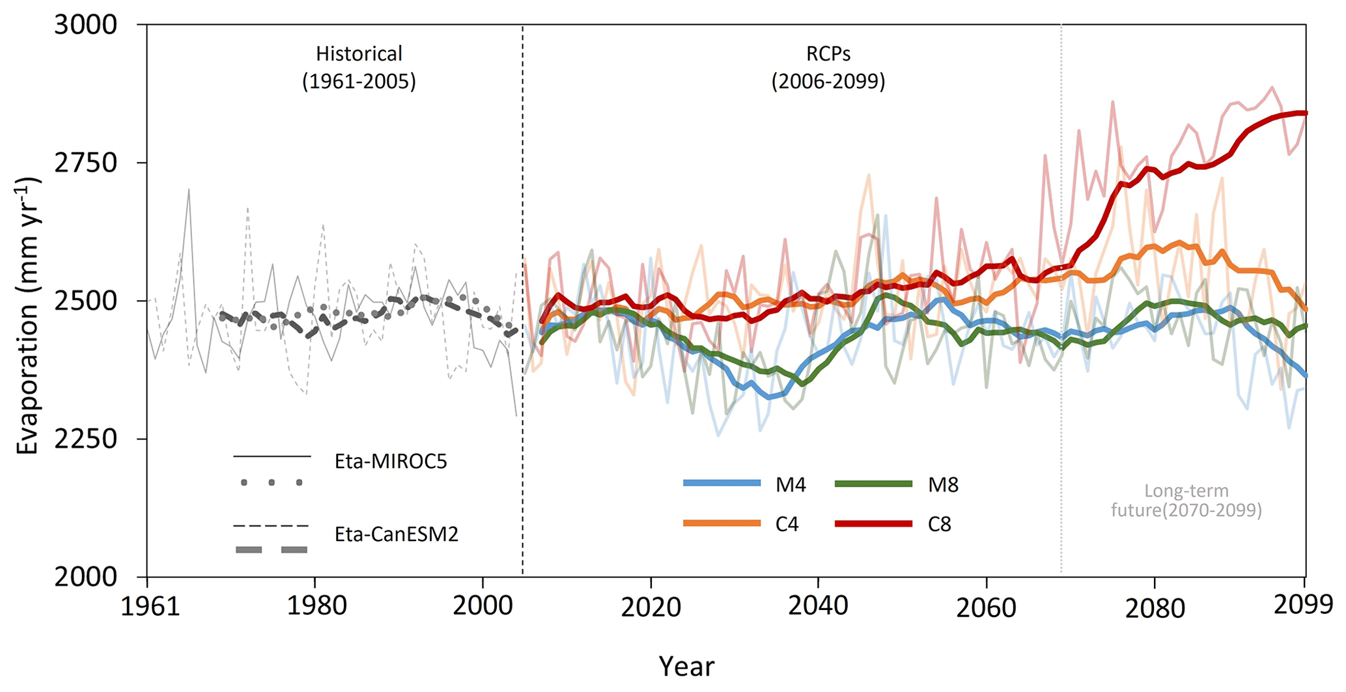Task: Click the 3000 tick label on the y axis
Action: [85, 25]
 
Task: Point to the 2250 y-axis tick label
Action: [85, 439]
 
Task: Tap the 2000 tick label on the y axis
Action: [85, 577]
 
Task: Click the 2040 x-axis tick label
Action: [818, 606]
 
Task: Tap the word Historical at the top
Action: [359, 53]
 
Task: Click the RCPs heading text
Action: [828, 53]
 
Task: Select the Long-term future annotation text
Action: [1186, 500]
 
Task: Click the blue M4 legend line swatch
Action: [722, 483]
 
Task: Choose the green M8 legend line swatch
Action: [873, 483]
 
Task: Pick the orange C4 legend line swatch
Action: [722, 523]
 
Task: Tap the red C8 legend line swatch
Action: [873, 523]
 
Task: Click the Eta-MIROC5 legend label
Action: [391, 462]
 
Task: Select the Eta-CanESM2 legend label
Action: [396, 534]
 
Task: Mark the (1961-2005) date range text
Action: [359, 81]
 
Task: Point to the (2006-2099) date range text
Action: [828, 81]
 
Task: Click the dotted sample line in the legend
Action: [272, 482]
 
